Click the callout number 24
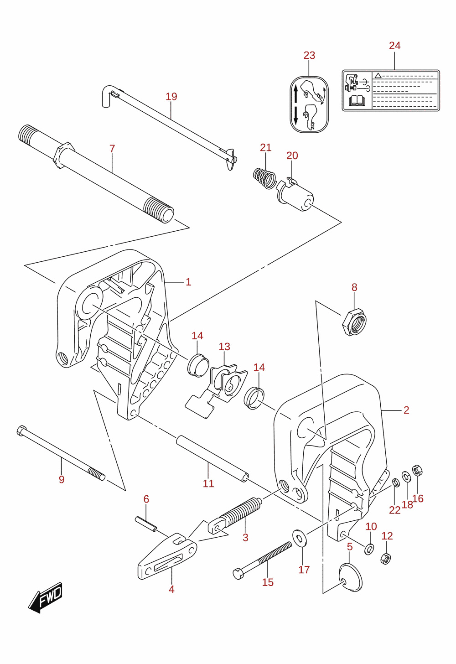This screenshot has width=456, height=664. coord(394,46)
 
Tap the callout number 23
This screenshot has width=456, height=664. coord(309,56)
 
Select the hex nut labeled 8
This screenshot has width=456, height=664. coord(354,322)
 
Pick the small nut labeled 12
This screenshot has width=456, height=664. coord(385,559)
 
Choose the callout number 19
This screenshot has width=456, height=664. coord(171,97)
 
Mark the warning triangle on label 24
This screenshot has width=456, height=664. coord(378,75)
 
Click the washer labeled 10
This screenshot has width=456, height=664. coord(369,549)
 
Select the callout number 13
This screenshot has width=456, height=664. coord(224,347)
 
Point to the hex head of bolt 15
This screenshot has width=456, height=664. coord(238,574)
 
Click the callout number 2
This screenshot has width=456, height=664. coord(406,410)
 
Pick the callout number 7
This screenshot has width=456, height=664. coord(112,149)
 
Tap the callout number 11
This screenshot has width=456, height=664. coord(208,484)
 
